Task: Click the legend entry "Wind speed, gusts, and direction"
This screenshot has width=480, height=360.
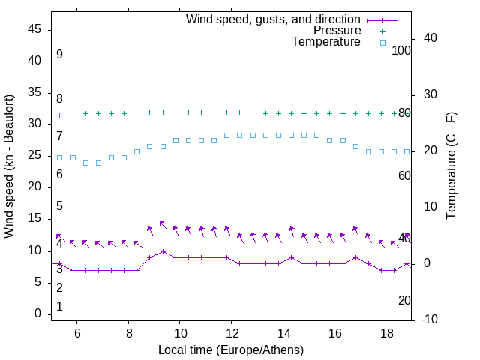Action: (273, 19)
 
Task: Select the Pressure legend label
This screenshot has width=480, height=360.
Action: (337, 31)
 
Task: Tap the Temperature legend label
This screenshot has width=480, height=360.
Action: (326, 43)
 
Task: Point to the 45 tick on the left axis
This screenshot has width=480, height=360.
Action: (36, 29)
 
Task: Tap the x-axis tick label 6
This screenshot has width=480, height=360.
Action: (76, 333)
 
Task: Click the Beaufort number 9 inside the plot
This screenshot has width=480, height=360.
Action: (59, 55)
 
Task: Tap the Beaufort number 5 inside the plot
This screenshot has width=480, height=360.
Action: (59, 206)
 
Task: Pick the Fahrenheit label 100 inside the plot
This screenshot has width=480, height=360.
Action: (402, 50)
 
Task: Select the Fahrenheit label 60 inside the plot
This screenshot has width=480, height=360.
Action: (404, 175)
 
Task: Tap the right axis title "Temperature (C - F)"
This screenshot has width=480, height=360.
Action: (451, 165)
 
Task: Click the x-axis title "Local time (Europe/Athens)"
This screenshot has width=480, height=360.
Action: (231, 350)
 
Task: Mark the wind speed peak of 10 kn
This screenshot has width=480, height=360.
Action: (163, 251)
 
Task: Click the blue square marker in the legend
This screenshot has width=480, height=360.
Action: (382, 43)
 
